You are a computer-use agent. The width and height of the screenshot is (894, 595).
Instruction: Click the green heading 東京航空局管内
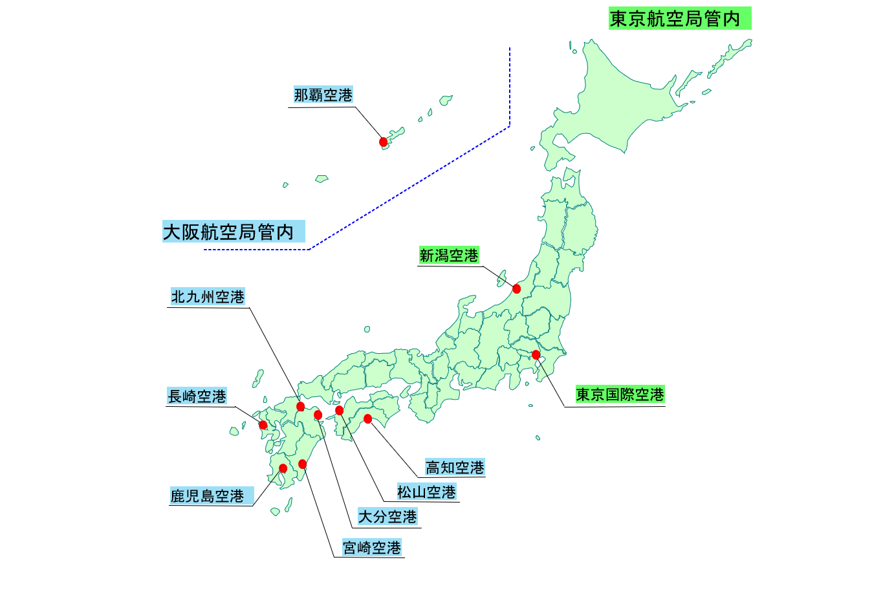tap(679, 19)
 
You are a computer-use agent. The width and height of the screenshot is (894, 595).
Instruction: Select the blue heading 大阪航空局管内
tap(233, 232)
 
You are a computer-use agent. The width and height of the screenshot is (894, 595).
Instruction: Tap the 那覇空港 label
tap(323, 95)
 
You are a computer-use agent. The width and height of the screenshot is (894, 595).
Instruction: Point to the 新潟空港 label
tap(449, 255)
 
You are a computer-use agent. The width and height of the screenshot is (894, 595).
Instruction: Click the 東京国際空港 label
tap(620, 395)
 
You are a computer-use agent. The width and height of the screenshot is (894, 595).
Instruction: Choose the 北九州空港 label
tap(208, 297)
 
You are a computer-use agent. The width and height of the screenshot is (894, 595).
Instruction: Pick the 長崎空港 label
tap(197, 396)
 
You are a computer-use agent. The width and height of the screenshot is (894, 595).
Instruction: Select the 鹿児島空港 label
tap(212, 496)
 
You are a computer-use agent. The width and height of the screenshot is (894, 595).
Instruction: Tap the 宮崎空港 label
tap(372, 548)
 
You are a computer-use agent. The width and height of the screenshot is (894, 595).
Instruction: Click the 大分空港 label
tap(387, 517)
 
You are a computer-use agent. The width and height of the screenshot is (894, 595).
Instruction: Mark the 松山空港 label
tap(426, 492)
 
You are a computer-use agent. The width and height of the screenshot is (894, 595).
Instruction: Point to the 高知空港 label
tap(455, 467)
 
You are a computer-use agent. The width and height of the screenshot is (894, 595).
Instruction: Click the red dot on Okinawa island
tap(383, 142)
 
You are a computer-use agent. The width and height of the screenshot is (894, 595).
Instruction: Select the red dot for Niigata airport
tap(516, 288)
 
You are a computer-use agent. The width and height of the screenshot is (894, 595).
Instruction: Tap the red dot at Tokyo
tap(536, 354)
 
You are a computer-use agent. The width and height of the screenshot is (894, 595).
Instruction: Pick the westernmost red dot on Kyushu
tap(263, 425)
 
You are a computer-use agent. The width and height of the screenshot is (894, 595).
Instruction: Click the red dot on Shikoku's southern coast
tap(367, 419)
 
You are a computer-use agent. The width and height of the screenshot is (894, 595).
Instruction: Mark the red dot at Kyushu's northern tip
tap(300, 406)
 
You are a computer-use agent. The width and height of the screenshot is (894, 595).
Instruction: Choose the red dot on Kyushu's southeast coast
tap(302, 464)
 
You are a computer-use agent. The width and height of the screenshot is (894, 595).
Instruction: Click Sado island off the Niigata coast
tap(501, 279)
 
